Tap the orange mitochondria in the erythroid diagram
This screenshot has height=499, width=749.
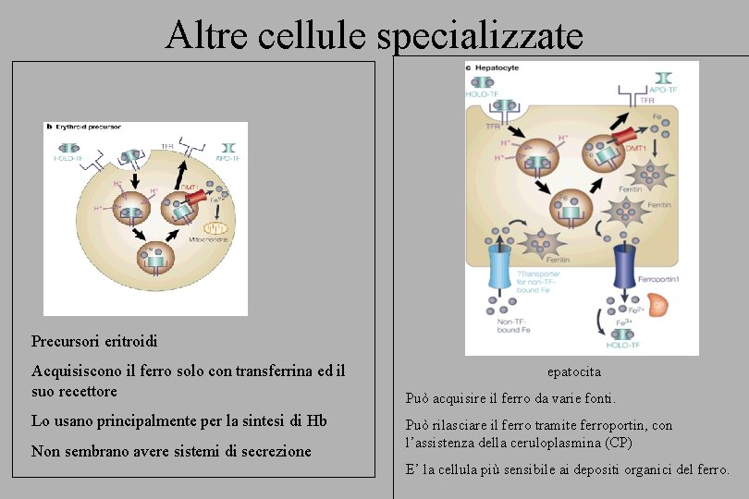[215, 226]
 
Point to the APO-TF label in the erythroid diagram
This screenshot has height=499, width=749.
[227, 158]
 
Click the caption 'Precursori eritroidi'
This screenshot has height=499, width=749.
[94, 341]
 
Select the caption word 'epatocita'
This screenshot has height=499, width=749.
[573, 371]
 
